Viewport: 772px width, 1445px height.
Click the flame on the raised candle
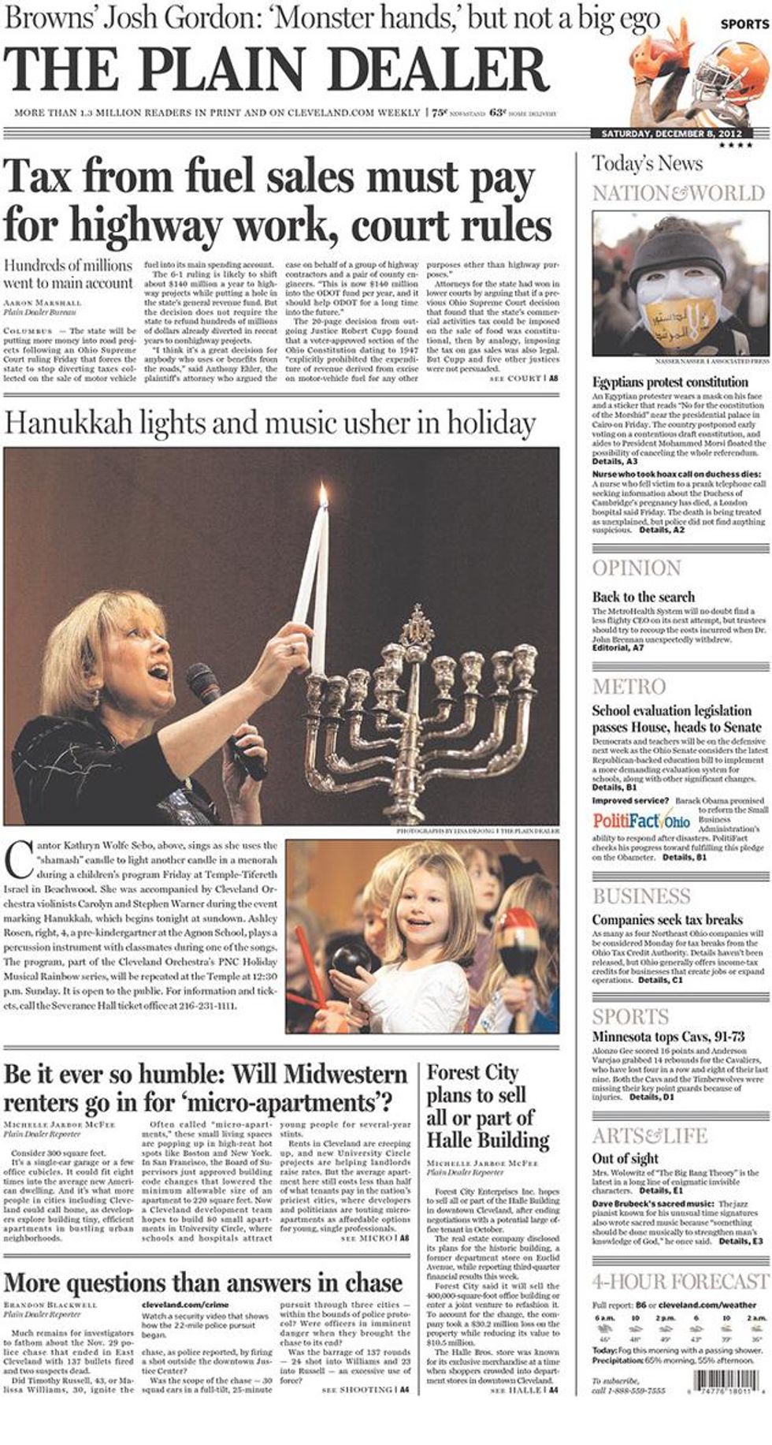(322, 494)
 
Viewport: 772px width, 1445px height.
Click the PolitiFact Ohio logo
(641, 820)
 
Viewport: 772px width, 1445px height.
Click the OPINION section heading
(637, 568)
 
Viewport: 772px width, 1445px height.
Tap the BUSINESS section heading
(641, 896)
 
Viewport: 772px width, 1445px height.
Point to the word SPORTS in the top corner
(744, 24)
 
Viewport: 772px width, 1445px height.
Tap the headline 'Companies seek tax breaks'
(667, 919)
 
